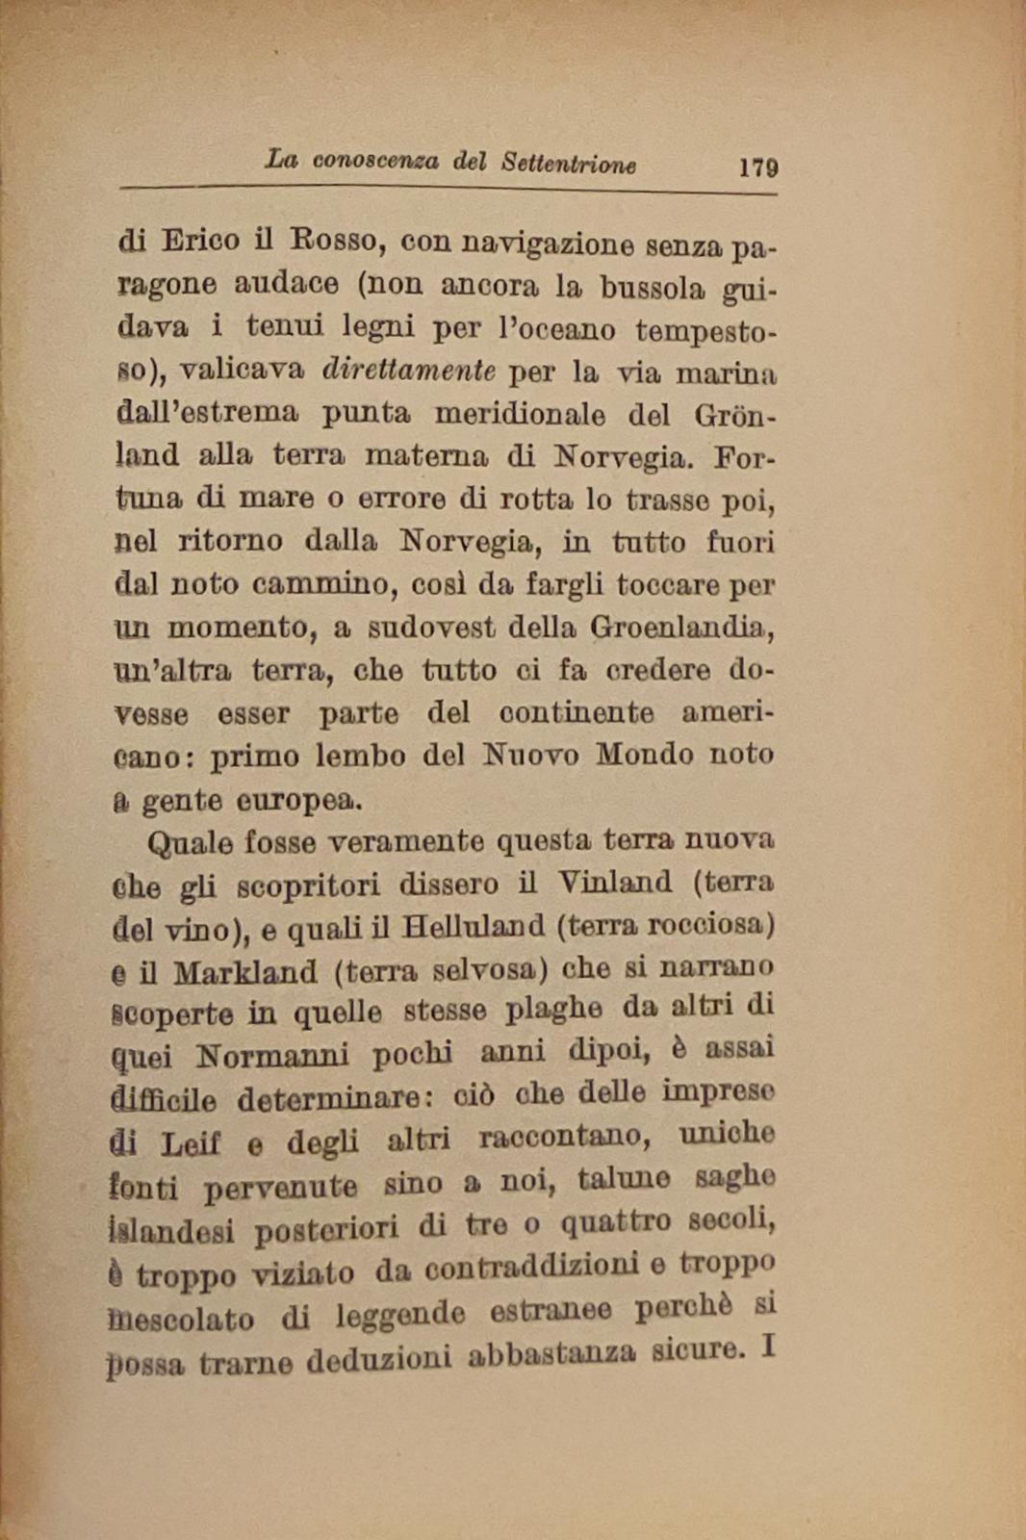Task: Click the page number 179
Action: (757, 167)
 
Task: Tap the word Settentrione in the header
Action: (568, 163)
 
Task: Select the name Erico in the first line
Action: (200, 240)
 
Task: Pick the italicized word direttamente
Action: (409, 370)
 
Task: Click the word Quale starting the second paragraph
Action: (190, 844)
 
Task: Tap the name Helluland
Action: (473, 927)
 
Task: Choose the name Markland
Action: (245, 972)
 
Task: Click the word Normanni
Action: (272, 1057)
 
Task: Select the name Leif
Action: (191, 1144)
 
